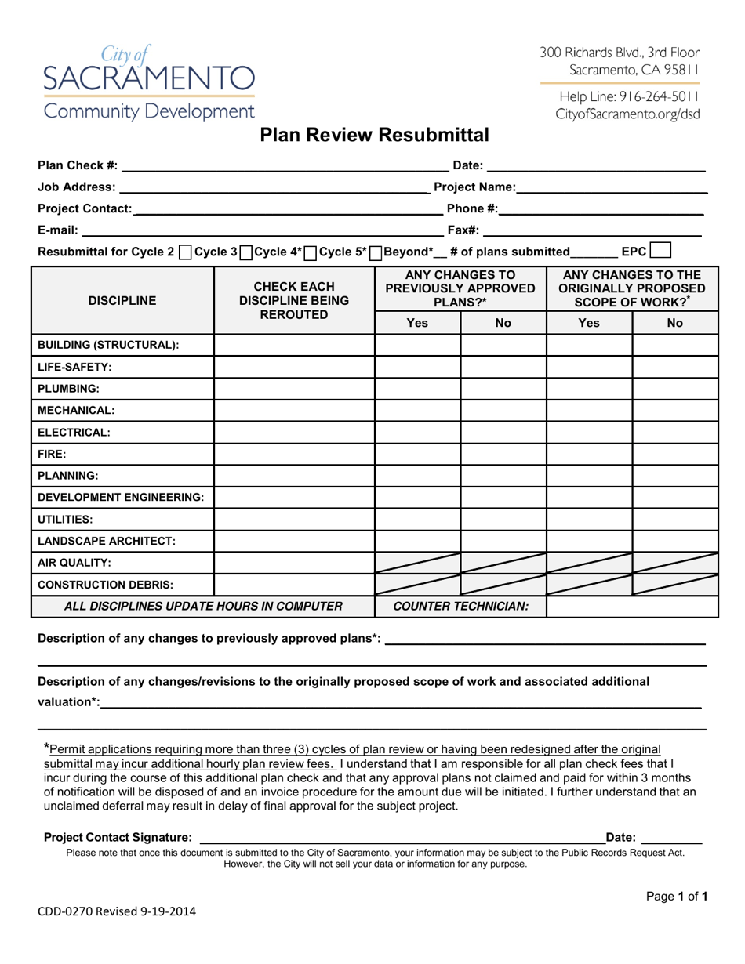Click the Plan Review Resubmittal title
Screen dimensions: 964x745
[x=374, y=136]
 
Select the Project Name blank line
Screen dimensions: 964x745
[x=612, y=187]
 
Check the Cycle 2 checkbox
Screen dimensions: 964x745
[x=184, y=252]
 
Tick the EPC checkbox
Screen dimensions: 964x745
[x=660, y=252]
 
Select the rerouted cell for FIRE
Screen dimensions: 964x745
[x=294, y=453]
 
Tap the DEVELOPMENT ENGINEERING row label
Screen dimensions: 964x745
[x=121, y=497]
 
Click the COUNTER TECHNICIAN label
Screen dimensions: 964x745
[x=460, y=606]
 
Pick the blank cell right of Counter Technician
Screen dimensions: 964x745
[x=631, y=606]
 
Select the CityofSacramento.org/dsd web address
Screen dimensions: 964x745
[x=628, y=114]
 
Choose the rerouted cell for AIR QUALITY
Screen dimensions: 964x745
[x=294, y=562]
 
